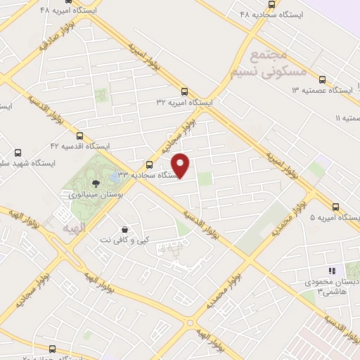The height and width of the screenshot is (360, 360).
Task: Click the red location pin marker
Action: point(181,165)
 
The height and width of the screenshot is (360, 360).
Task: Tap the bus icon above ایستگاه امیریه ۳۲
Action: point(185,91)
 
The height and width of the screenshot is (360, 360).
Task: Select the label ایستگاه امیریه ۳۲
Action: point(185,102)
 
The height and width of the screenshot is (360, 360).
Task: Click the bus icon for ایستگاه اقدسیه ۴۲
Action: point(79,136)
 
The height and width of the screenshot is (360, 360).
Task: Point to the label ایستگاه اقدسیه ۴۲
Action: point(79,146)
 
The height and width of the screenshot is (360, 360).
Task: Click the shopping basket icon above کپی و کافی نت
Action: point(124,230)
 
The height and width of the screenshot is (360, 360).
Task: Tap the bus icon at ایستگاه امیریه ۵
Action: point(335,207)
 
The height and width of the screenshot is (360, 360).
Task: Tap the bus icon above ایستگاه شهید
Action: point(18,152)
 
